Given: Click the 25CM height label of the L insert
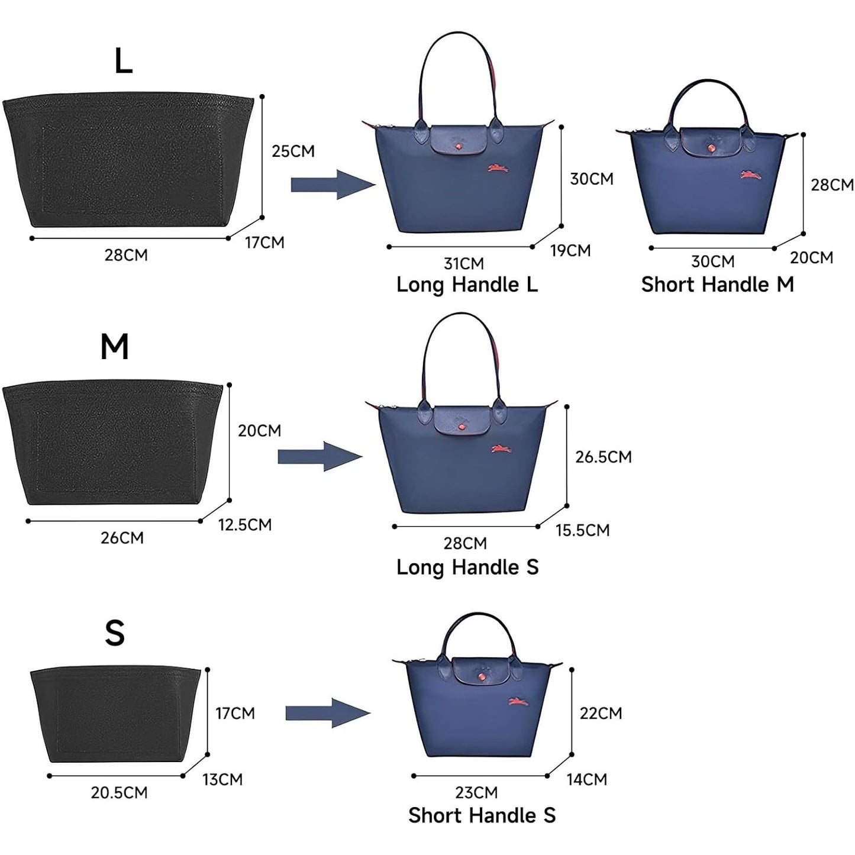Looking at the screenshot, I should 293,151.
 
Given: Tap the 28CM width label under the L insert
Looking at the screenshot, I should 126,256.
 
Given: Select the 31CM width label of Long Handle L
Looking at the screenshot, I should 464,263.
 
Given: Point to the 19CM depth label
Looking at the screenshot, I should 570,251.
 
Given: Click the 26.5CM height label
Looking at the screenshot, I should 604,457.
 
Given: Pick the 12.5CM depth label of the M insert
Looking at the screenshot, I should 245,525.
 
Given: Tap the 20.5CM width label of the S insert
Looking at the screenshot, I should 119,793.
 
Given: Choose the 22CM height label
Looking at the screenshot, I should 601,713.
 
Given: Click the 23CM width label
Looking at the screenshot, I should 476,792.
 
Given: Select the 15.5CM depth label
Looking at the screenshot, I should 582,530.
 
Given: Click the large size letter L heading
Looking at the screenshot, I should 123,61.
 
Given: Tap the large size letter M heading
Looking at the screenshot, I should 114,347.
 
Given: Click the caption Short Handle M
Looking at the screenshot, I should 717,285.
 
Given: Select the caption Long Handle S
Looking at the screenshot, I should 467,567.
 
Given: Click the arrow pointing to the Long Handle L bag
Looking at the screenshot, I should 333,185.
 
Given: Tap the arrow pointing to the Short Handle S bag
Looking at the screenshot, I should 327,714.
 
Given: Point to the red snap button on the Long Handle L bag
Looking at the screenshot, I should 457,146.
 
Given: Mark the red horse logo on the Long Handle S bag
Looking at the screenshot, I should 501,449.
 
